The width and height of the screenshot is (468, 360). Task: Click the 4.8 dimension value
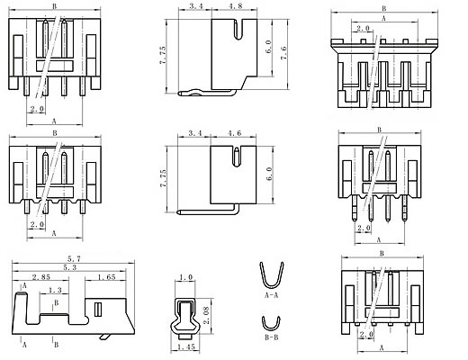(x=235, y=5)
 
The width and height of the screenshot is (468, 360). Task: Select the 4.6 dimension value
(x=234, y=133)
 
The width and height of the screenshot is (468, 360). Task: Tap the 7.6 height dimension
(x=283, y=53)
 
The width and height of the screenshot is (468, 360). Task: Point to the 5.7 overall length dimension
(x=74, y=258)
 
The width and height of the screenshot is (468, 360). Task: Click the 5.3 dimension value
(x=70, y=267)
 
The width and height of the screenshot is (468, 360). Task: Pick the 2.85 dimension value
(x=41, y=277)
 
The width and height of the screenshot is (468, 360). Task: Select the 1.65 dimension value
(x=106, y=277)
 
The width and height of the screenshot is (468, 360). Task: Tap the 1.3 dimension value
(x=55, y=290)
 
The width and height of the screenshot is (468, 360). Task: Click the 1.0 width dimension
(x=185, y=277)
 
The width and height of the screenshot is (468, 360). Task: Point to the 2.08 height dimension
(x=207, y=315)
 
